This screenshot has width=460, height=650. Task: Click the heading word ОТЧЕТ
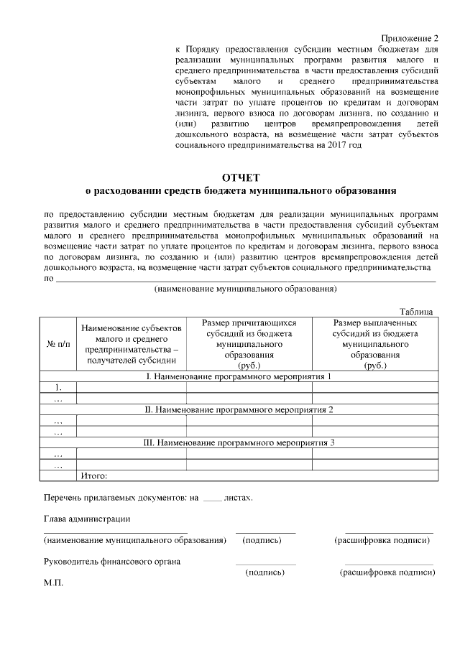coord(241,177)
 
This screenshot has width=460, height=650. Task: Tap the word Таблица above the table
coord(416,312)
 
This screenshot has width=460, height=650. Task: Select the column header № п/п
coord(57,345)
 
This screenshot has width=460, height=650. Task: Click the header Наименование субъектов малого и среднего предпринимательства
coord(131,345)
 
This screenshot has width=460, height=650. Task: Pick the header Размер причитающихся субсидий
coord(249,345)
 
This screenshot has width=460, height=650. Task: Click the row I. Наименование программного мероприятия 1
coord(241,377)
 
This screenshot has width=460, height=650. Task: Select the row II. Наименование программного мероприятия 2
coord(241,409)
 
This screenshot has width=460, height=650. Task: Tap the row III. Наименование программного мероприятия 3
coord(241,442)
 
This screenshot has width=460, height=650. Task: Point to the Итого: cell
coord(94,475)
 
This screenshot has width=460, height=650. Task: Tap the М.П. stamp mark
coord(53,583)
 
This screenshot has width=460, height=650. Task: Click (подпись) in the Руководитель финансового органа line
coord(265,572)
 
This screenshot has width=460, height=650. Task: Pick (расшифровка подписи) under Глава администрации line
coord(383,540)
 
